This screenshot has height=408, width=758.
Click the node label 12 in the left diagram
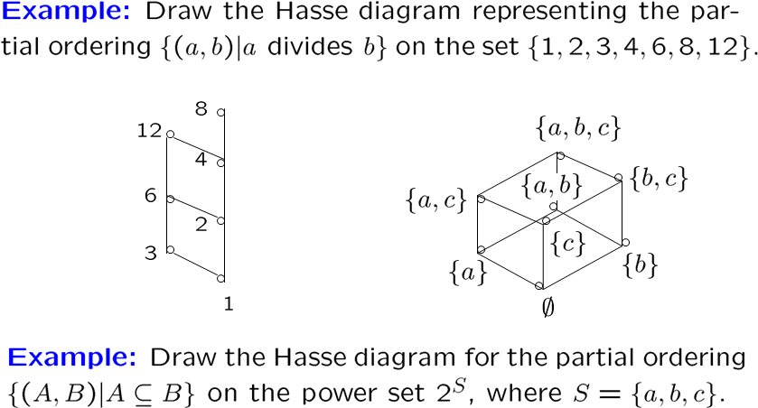[149, 132]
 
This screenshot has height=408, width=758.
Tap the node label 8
[201, 109]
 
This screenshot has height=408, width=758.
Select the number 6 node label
[151, 194]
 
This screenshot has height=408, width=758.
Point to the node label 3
[151, 253]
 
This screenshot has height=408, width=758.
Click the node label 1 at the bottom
[229, 304]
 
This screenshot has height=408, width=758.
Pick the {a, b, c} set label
[577, 129]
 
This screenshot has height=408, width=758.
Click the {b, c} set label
[660, 179]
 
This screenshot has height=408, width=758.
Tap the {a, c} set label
[436, 199]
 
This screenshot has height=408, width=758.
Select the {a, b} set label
[551, 186]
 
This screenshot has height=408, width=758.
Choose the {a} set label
[468, 270]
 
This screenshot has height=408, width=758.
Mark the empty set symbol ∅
[547, 307]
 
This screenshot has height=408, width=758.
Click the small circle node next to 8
[220, 113]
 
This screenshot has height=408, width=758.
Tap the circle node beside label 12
[169, 134]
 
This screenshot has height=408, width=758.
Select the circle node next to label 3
[169, 250]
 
